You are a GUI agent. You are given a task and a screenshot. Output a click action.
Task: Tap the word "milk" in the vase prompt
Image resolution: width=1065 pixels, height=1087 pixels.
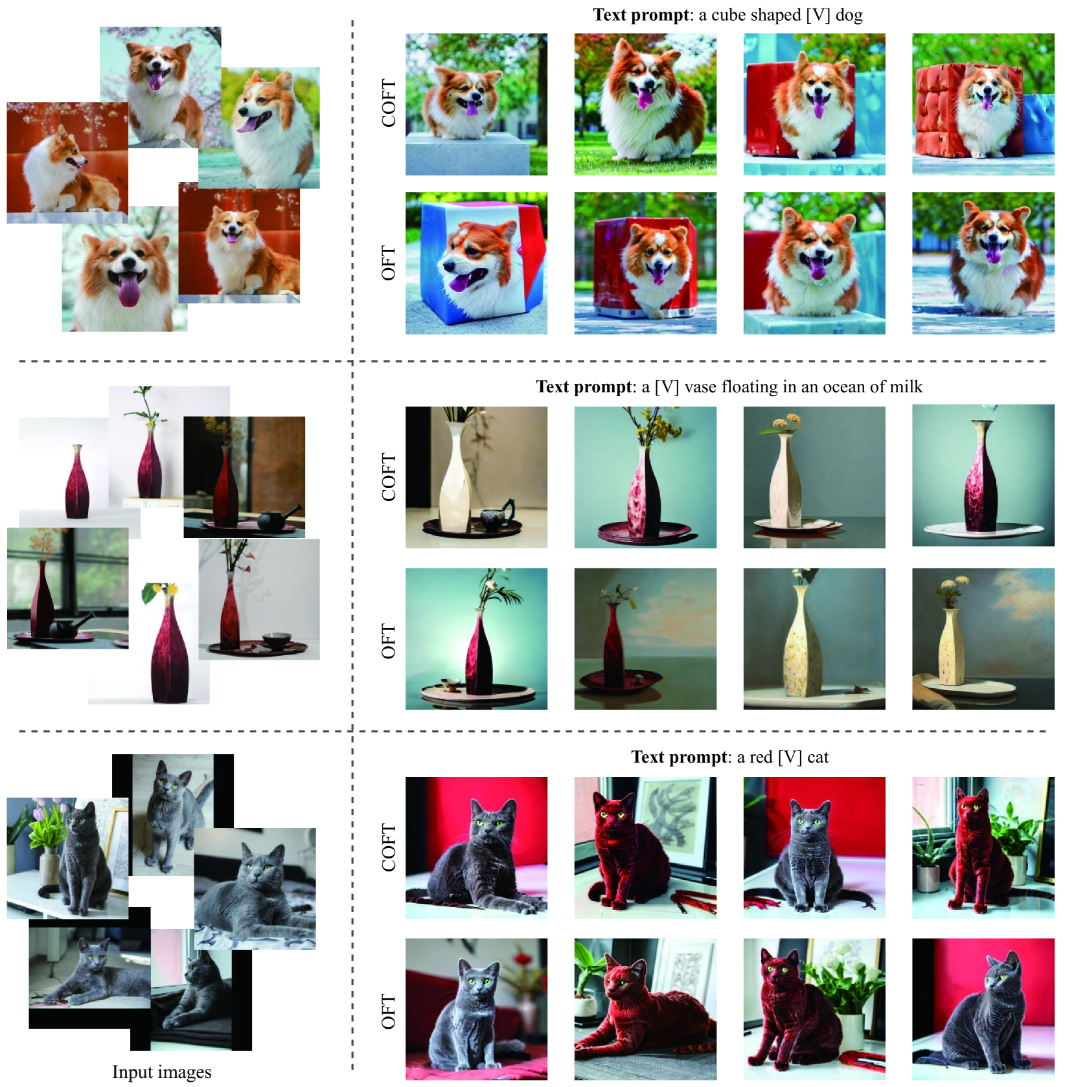tap(906, 387)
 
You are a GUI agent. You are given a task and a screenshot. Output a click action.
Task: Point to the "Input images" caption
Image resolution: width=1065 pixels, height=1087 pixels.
tap(161, 1072)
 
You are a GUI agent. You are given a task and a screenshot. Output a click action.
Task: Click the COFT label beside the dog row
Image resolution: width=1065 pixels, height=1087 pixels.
tap(388, 104)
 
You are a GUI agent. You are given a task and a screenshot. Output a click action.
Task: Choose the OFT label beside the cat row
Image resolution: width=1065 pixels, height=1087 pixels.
tap(388, 1011)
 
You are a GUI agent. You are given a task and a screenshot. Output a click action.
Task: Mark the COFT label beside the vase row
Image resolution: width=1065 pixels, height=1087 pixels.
tap(388, 477)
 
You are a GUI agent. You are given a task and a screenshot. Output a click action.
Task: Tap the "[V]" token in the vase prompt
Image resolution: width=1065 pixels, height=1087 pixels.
tap(667, 387)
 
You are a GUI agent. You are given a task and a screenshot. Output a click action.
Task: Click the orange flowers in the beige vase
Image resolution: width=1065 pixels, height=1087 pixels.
tap(785, 423)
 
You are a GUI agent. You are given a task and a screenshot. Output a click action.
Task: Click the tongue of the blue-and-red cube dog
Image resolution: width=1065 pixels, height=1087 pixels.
tap(462, 282)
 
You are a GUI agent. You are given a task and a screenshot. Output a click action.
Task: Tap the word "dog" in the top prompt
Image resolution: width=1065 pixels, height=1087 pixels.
tap(849, 15)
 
